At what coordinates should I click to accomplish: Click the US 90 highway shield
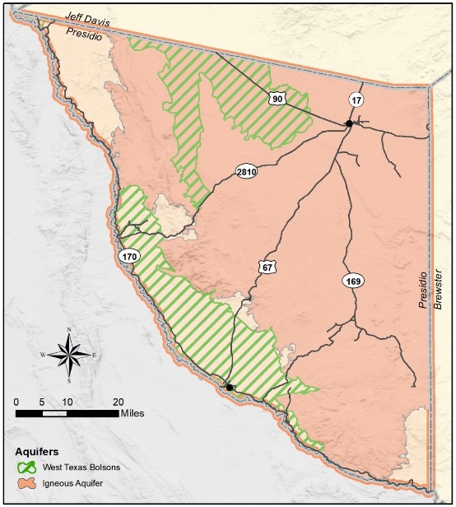pos(277,98)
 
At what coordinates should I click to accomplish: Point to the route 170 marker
pos(129,257)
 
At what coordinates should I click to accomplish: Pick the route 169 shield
pos(352,281)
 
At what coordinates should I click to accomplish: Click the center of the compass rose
pos(69,355)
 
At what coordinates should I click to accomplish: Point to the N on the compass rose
pos(69,329)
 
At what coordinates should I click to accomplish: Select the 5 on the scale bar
pos(42,401)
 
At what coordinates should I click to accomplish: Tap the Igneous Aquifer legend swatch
pos(27,481)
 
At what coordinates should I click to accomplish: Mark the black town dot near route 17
pos(349,123)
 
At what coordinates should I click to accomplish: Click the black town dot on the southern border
pos(230,387)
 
